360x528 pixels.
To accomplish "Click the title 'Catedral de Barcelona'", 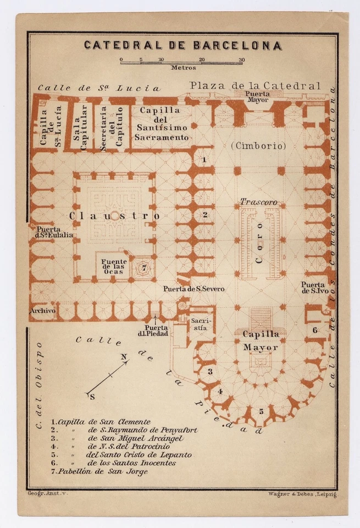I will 182,45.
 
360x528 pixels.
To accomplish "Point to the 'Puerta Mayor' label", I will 258,97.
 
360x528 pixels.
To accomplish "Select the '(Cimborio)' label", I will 258,146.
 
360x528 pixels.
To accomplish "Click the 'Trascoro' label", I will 258,202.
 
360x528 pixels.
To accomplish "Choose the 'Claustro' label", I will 114,216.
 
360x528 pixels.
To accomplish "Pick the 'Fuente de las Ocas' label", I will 114,267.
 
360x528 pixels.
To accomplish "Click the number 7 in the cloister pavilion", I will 142,268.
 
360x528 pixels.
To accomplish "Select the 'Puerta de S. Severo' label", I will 193,289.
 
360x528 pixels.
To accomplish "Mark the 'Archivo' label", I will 42,311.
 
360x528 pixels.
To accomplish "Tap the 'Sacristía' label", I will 198,324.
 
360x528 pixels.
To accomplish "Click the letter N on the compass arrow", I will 124,356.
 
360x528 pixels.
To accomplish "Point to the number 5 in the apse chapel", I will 262,411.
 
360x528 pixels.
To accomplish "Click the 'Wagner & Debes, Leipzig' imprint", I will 302,494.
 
